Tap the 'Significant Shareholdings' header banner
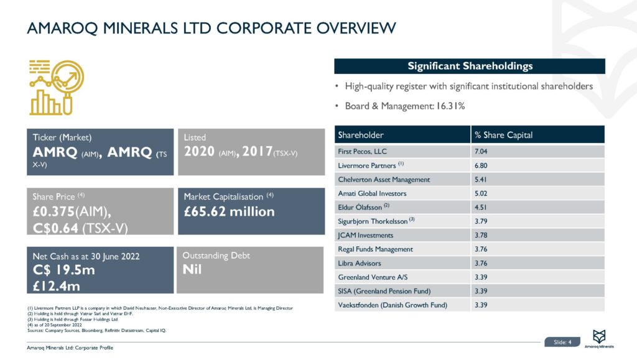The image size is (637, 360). pyautogui.click(x=470, y=66)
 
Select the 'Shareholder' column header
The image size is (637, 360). pyautogui.click(x=361, y=135)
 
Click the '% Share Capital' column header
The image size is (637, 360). pyautogui.click(x=503, y=135)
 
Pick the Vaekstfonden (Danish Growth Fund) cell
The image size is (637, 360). pyautogui.click(x=393, y=305)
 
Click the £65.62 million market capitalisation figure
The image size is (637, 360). pyautogui.click(x=229, y=211)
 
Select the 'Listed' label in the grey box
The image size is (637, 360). pyautogui.click(x=195, y=137)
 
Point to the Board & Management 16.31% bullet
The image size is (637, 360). pyautogui.click(x=405, y=106)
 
